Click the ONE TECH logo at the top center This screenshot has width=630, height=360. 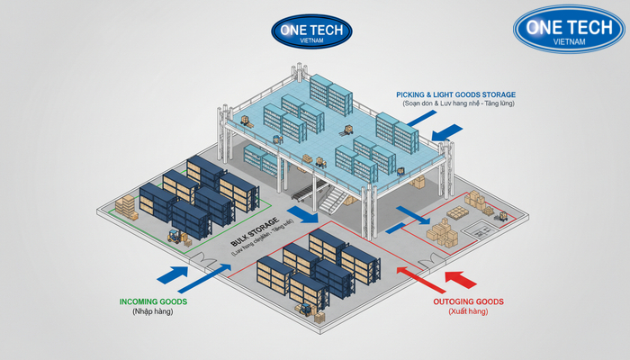pos(310,30)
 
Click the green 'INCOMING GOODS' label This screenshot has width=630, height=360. pos(154,301)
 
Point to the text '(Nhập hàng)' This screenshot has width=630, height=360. pos(154,312)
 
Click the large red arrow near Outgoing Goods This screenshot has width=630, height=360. pos(458,276)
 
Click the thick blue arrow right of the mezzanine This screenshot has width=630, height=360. pos(447,134)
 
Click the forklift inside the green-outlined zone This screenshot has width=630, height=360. pos(174,237)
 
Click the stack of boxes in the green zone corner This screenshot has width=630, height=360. pos(126,206)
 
